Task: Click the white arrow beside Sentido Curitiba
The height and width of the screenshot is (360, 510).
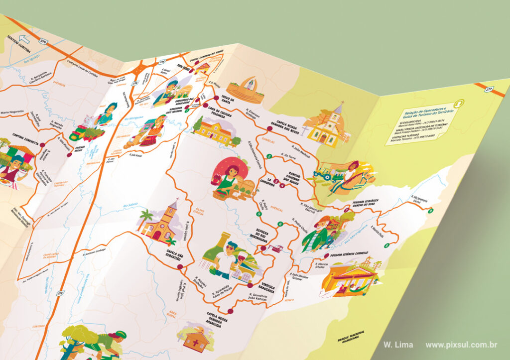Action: tap(22, 39)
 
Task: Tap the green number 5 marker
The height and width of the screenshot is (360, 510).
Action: tap(258, 214)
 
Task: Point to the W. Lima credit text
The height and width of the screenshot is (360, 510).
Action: tap(398, 345)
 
